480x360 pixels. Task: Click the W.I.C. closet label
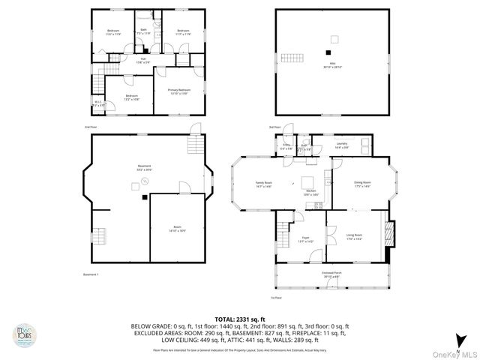[x=98, y=104]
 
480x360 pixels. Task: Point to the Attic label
[x=327, y=65]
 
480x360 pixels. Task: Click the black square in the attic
[x=327, y=52]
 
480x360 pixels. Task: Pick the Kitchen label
[x=311, y=192]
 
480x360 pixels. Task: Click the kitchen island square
[x=307, y=180]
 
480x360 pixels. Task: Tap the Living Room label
[x=354, y=237]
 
